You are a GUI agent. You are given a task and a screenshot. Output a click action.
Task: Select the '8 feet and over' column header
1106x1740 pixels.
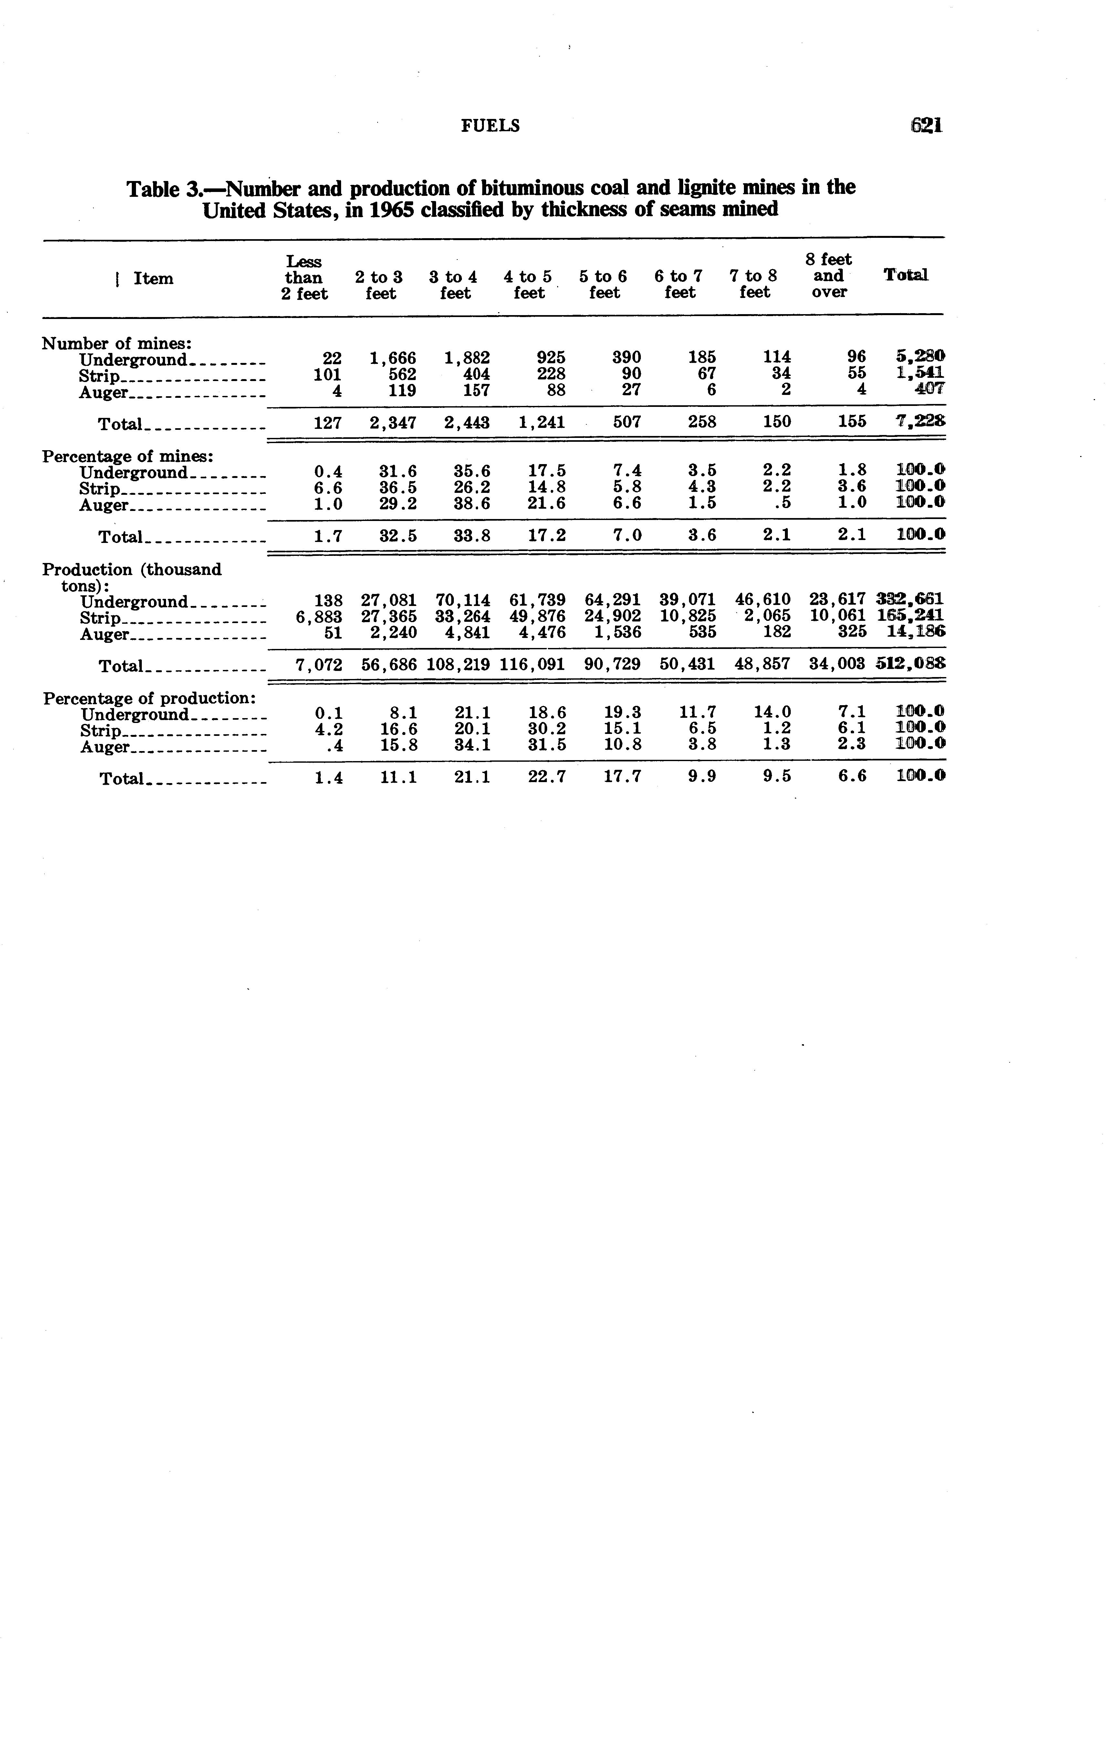829,275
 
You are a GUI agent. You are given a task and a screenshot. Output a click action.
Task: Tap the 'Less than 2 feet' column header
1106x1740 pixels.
304,277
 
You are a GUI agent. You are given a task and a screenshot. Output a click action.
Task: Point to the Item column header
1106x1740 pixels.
153,278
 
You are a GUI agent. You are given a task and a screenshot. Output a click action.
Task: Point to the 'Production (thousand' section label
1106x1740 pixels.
131,569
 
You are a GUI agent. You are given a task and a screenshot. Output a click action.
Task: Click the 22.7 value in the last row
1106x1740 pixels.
547,777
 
